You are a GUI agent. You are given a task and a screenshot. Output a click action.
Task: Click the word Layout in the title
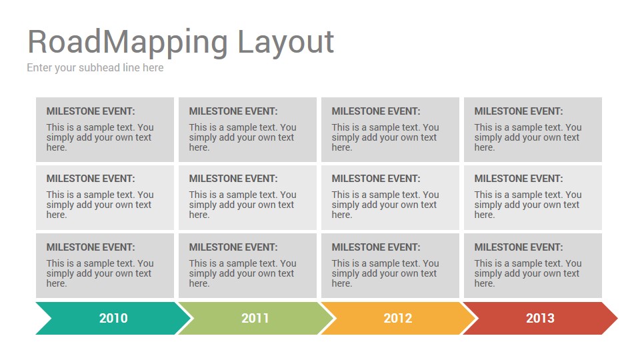(x=285, y=42)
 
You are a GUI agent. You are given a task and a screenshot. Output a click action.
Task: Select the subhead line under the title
(x=95, y=67)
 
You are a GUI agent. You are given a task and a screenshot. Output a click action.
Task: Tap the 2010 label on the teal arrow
(x=113, y=318)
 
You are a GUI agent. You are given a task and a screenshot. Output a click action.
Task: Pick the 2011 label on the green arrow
(x=255, y=318)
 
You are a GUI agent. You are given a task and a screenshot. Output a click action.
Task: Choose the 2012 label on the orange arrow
(x=398, y=318)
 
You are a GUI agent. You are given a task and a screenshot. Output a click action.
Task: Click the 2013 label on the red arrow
(x=540, y=318)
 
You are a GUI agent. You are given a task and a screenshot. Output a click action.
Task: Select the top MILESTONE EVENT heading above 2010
(x=91, y=111)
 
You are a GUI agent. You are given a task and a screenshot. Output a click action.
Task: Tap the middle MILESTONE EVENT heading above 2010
(x=91, y=179)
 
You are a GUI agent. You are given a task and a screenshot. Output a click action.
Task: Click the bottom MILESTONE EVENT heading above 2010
(x=91, y=247)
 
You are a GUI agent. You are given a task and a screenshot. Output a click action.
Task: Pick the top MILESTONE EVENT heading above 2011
(x=233, y=111)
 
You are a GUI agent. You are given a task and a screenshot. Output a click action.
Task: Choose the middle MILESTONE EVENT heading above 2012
(x=376, y=179)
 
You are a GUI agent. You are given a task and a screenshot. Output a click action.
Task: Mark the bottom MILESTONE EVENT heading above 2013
(x=519, y=247)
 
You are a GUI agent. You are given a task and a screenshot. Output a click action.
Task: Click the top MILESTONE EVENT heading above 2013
(x=519, y=111)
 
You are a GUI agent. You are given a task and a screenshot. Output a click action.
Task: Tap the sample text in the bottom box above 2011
(x=242, y=273)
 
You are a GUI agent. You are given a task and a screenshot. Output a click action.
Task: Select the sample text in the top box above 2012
(x=385, y=137)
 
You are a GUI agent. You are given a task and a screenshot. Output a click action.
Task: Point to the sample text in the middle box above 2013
(x=527, y=205)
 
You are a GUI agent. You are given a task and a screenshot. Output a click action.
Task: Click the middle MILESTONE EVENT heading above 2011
(x=233, y=179)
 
